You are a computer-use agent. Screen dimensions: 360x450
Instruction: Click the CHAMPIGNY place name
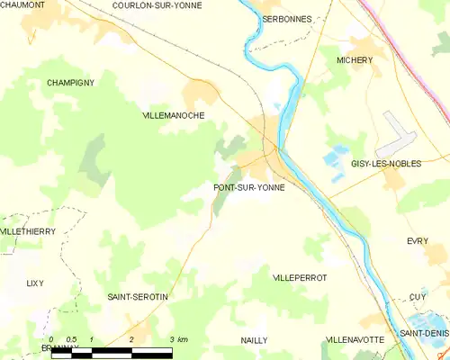[71, 82]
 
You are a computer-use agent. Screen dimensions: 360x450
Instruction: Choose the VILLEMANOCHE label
[174, 116]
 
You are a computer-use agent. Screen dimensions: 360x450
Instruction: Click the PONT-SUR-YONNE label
[249, 188]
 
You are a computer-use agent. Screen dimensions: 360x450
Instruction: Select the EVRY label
[417, 241]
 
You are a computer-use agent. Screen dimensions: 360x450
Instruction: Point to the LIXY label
[34, 283]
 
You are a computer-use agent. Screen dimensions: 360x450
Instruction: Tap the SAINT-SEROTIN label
[138, 296]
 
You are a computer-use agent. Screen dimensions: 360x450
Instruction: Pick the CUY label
[417, 296]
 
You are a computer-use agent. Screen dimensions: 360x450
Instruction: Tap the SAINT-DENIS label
[425, 334]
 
